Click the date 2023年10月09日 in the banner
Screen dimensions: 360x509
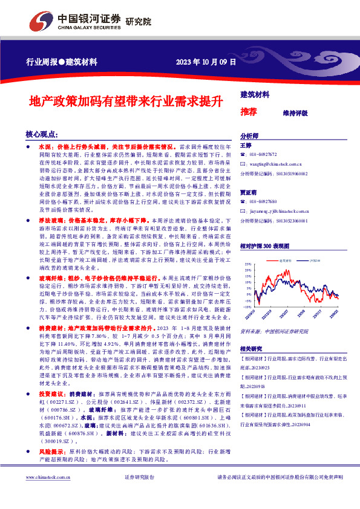(x=201, y=62)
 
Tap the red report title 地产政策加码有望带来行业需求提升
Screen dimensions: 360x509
(x=122, y=101)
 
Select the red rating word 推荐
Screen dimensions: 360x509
(x=249, y=112)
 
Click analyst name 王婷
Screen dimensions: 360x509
(x=246, y=146)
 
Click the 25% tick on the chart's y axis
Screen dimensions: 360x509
(x=247, y=264)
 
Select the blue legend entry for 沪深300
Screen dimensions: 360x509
(x=315, y=261)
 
